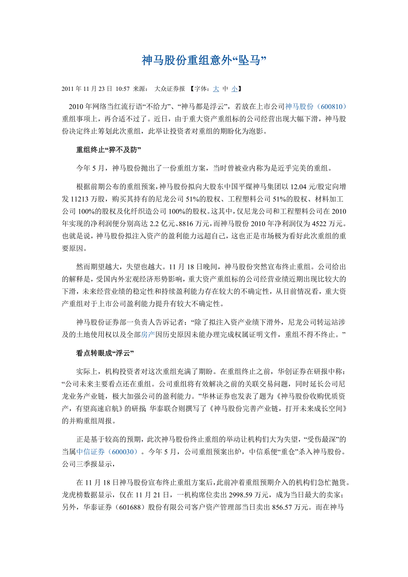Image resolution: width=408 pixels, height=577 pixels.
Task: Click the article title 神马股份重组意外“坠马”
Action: (x=204, y=61)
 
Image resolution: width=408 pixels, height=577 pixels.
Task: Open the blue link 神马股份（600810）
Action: (x=315, y=107)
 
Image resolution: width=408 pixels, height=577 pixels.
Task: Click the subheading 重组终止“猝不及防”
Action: (x=109, y=149)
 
